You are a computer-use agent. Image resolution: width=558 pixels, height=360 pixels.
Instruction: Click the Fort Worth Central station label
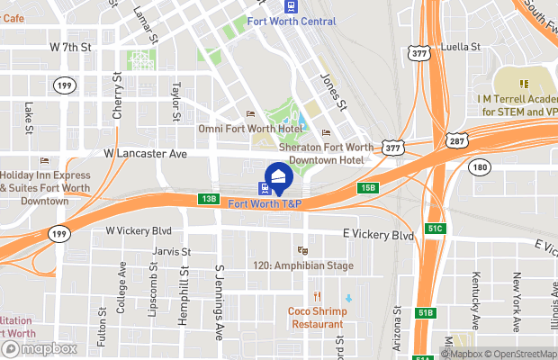click(291, 21)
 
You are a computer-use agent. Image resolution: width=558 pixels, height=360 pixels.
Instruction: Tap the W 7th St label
click(71, 45)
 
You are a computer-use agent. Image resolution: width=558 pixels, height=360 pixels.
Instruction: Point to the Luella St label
click(462, 47)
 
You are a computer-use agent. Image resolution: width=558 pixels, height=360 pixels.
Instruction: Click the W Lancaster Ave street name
click(146, 154)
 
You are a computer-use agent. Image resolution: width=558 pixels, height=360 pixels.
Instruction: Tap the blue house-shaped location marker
click(279, 175)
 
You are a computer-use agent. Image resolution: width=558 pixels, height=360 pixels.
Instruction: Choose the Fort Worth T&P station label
click(265, 204)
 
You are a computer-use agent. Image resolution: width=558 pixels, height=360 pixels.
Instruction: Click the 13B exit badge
click(210, 198)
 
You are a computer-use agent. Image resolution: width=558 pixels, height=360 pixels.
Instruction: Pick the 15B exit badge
click(366, 187)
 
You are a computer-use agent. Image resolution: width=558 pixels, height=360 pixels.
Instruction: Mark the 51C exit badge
click(436, 229)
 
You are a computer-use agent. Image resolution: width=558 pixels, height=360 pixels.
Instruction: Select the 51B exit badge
click(427, 311)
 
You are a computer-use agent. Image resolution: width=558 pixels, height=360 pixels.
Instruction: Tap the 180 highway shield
click(481, 166)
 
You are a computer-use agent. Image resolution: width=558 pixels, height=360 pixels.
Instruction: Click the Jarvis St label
click(172, 252)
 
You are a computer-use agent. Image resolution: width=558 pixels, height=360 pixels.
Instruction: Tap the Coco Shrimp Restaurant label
click(316, 318)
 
